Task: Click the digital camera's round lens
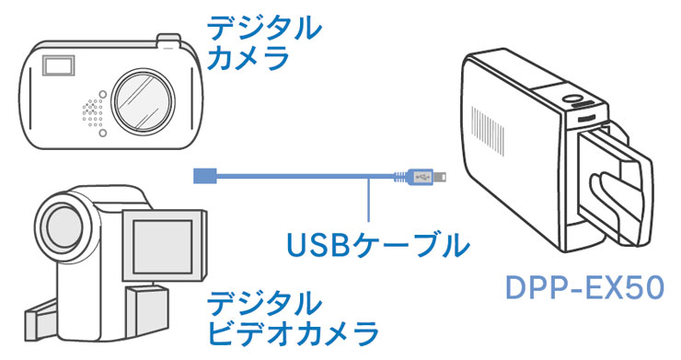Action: pyautogui.click(x=144, y=101)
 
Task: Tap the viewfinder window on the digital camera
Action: pyautogui.click(x=58, y=65)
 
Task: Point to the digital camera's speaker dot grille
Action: pyautogui.click(x=93, y=113)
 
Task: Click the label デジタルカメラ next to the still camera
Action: pyautogui.click(x=263, y=42)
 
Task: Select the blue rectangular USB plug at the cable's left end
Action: pyautogui.click(x=204, y=176)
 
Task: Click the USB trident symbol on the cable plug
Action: pyautogui.click(x=421, y=177)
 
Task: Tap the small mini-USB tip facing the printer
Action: pyautogui.click(x=441, y=177)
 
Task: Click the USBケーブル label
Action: pyautogui.click(x=378, y=246)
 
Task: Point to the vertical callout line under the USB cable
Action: pyautogui.click(x=368, y=200)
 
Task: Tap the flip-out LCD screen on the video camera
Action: pyautogui.click(x=163, y=247)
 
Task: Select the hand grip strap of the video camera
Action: pyautogui.click(x=41, y=319)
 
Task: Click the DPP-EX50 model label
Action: pyautogui.click(x=585, y=288)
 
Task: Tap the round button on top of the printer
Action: pyautogui.click(x=571, y=99)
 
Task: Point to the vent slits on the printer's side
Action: pyautogui.click(x=488, y=129)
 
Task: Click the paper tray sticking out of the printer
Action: pyautogui.click(x=616, y=186)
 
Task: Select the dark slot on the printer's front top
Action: pyautogui.click(x=586, y=118)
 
